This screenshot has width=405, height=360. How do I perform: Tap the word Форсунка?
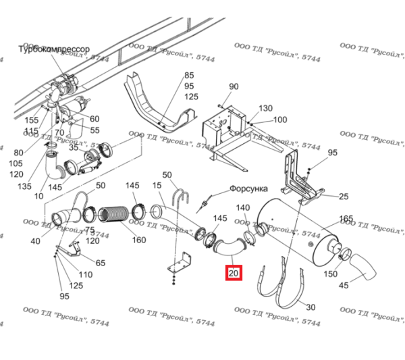point(249,189)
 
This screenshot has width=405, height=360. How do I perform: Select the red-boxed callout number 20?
point(234,274)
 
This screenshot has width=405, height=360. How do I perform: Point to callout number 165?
point(346,219)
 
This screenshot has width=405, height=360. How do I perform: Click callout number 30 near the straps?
point(310,307)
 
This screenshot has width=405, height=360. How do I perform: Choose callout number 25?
point(343,197)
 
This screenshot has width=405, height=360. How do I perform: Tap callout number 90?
point(234,86)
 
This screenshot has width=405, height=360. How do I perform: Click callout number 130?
point(265,108)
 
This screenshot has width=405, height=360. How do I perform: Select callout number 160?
point(138,240)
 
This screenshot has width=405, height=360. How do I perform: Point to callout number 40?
point(35,241)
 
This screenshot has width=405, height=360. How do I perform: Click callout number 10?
point(38,196)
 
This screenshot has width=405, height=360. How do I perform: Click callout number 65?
point(100,263)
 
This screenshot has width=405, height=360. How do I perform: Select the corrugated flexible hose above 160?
point(114,214)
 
